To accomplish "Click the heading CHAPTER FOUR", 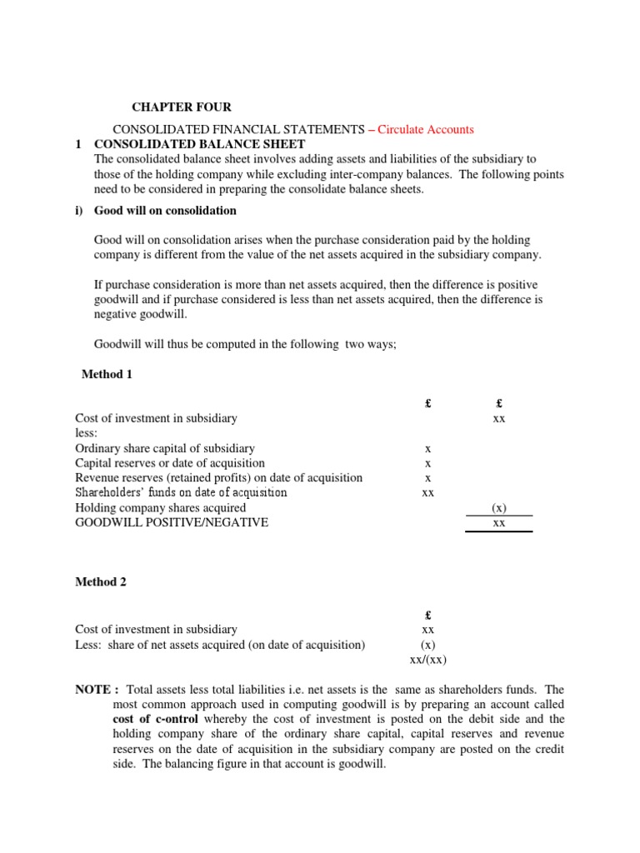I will [182, 107].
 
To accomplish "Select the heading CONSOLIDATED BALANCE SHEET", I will [199, 144].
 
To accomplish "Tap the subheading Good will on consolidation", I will [165, 210].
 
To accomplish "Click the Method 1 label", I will [107, 374].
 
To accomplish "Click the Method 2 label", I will [101, 582].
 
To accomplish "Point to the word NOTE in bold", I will [94, 690].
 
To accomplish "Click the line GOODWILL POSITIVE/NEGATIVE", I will [172, 523].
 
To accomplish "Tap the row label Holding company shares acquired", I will [160, 507].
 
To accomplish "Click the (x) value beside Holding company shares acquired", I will [498, 508].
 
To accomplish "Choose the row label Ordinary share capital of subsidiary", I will [165, 448].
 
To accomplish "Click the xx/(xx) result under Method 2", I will [427, 660].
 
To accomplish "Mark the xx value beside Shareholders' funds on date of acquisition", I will [427, 493].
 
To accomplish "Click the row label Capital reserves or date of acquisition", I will [170, 463].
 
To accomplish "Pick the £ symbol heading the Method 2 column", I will [427, 616].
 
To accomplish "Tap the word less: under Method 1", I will [87, 433].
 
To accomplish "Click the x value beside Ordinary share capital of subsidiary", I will [427, 449].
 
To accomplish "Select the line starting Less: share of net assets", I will [220, 645].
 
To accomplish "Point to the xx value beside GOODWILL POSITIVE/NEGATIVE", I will [498, 523].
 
